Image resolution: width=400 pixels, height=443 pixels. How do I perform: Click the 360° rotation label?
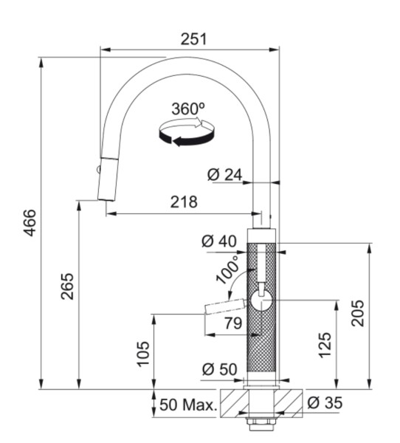click(x=188, y=109)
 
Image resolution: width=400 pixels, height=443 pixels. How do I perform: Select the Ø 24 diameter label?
click(x=225, y=175)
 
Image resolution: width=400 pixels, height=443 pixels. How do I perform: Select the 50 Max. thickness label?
click(x=188, y=405)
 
